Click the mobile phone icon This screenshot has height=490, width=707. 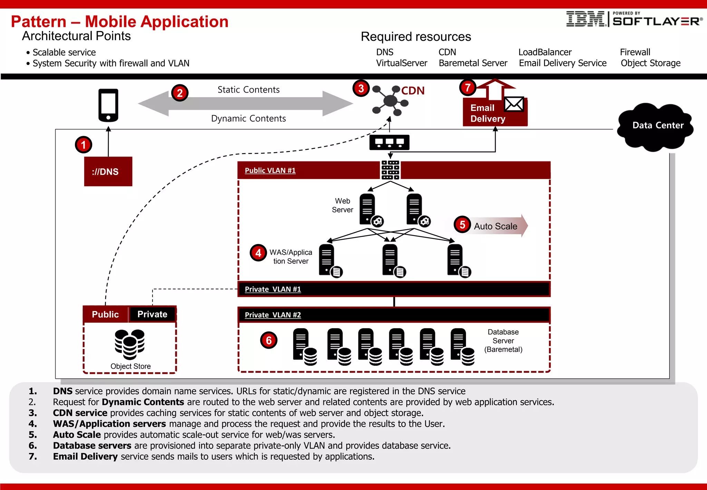click(x=108, y=105)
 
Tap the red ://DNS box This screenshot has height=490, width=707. click(x=108, y=171)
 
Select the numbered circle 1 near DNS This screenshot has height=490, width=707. click(x=83, y=145)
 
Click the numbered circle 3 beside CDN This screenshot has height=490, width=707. click(x=361, y=88)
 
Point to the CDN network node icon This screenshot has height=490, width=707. click(x=390, y=101)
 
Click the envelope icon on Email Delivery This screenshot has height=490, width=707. click(x=514, y=104)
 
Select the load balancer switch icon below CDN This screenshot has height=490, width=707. click(x=389, y=142)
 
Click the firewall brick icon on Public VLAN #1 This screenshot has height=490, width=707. click(x=390, y=170)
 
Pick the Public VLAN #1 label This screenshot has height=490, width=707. click(x=270, y=170)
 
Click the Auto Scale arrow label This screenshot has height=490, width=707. click(x=495, y=226)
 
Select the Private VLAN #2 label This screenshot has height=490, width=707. click(x=273, y=315)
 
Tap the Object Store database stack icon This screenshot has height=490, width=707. click(x=129, y=344)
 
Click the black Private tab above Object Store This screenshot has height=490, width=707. click(x=152, y=314)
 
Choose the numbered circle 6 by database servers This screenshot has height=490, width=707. click(x=269, y=340)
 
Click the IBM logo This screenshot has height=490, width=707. click(x=585, y=19)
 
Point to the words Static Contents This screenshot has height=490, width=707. click(x=248, y=90)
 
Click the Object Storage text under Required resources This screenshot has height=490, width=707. click(x=650, y=63)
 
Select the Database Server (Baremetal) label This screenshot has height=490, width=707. click(x=503, y=341)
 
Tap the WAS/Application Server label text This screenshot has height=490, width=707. click(x=291, y=257)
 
